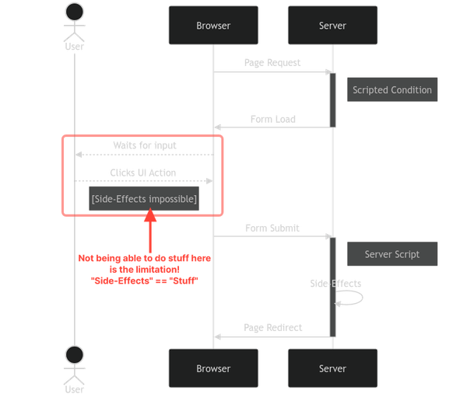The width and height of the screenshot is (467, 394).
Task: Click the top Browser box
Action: pyautogui.click(x=213, y=26)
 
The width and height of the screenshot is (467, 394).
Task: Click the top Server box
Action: pyautogui.click(x=332, y=26)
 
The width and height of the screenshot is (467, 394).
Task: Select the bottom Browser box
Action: pyautogui.click(x=213, y=368)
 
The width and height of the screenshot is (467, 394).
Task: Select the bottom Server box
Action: pyautogui.click(x=332, y=368)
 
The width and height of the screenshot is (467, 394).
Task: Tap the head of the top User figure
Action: pyautogui.click(x=75, y=12)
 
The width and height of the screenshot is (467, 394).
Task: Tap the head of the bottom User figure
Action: pyautogui.click(x=75, y=354)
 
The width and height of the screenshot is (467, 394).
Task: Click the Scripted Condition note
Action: pyautogui.click(x=392, y=89)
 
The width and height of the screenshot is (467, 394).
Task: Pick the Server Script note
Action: pyautogui.click(x=392, y=254)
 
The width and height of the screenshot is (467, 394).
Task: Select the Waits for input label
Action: pyautogui.click(x=144, y=145)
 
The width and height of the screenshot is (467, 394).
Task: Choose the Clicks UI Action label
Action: pyautogui.click(x=144, y=173)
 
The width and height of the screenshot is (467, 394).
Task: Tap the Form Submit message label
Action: pyautogui.click(x=272, y=228)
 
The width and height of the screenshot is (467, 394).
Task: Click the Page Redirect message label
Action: pyautogui.click(x=272, y=327)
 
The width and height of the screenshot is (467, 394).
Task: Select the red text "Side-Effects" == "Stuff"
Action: pyautogui.click(x=146, y=280)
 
